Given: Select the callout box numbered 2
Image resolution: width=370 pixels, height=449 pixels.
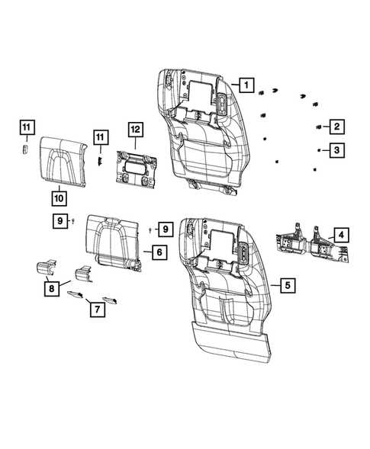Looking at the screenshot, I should [x=336, y=127].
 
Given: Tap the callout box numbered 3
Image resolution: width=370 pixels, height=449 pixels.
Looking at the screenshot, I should [x=336, y=151].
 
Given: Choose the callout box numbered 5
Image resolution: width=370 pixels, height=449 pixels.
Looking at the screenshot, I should [x=287, y=286].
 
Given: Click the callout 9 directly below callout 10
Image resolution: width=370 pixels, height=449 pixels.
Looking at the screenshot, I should [x=59, y=221].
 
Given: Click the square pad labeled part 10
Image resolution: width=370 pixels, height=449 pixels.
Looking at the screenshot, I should [x=64, y=162].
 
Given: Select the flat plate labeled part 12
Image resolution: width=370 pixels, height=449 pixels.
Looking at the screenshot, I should [x=136, y=173].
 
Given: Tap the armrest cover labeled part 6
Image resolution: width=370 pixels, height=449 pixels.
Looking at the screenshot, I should [x=114, y=238].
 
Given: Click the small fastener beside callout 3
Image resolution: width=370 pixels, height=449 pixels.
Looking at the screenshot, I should [x=317, y=152].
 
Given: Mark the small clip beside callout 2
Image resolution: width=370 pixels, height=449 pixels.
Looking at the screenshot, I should [x=317, y=127].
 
